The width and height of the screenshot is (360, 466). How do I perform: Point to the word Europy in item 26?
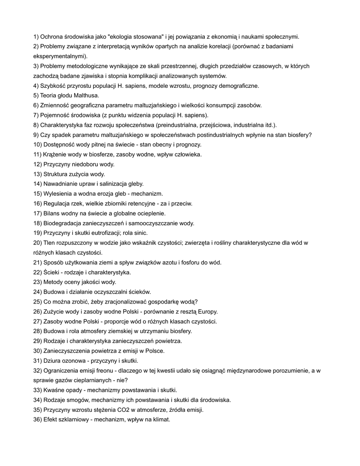tap(207, 312)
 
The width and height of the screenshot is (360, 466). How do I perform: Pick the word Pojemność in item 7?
tap(56, 115)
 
